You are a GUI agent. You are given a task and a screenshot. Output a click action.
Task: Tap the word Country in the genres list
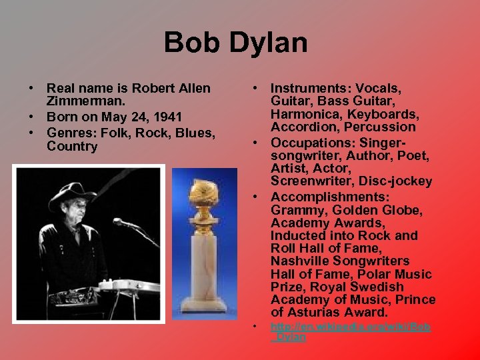72,146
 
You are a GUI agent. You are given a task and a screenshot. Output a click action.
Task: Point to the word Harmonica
303,113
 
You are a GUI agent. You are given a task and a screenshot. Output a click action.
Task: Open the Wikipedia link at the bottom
350,327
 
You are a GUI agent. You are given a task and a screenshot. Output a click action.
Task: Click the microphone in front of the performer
121,223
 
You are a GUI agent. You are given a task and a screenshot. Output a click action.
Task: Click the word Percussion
382,127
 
